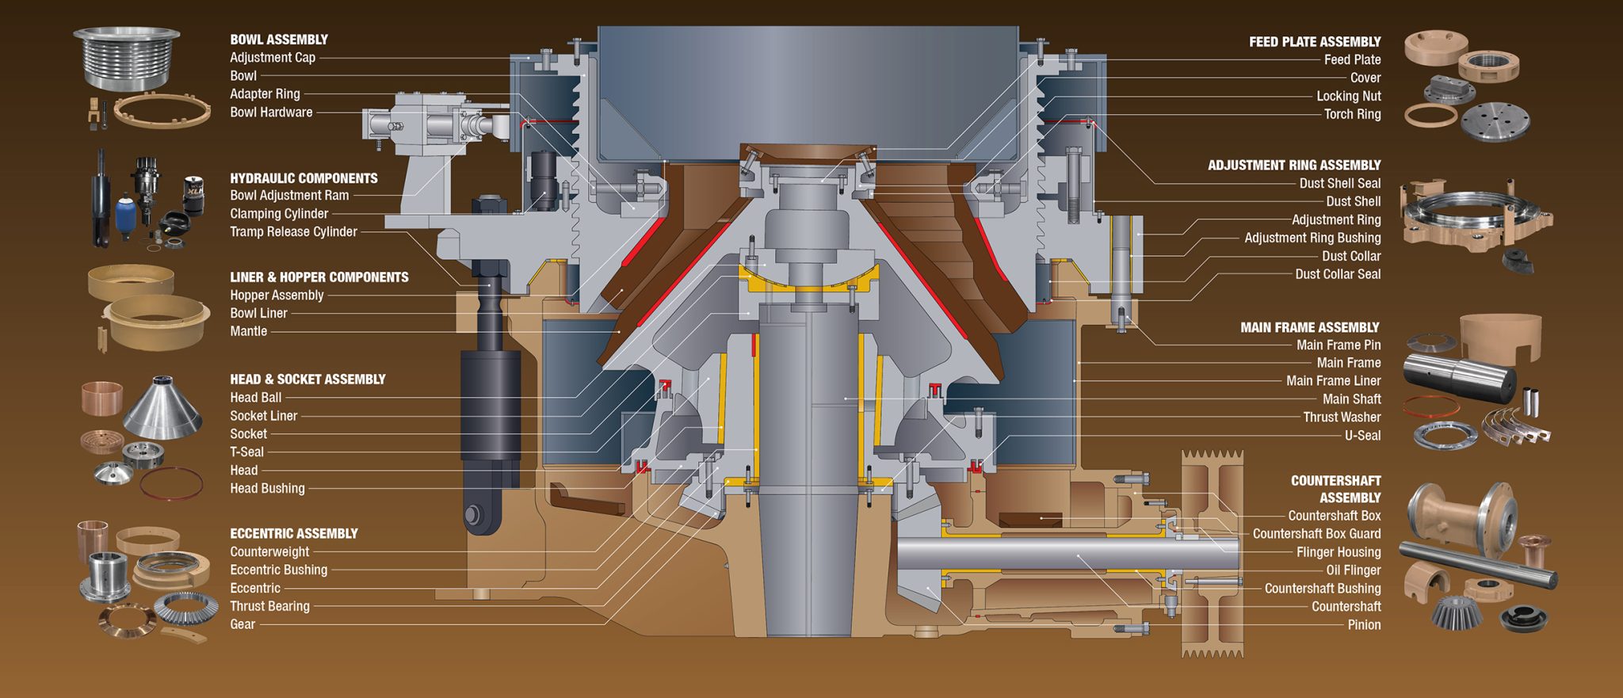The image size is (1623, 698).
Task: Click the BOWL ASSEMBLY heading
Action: (x=279, y=40)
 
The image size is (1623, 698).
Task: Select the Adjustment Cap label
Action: (x=273, y=58)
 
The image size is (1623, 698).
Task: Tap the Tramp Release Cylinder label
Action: (x=293, y=232)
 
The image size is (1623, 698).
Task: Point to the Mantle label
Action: (x=248, y=331)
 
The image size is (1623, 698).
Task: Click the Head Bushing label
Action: (x=267, y=489)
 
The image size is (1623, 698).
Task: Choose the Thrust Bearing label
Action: (x=269, y=606)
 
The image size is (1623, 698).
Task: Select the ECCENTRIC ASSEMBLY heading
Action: (x=294, y=534)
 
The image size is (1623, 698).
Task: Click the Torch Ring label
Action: (x=1352, y=114)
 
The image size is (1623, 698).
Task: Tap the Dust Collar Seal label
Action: (x=1338, y=274)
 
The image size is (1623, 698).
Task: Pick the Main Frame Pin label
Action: (x=1338, y=345)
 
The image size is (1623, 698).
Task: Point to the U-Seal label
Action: (x=1362, y=436)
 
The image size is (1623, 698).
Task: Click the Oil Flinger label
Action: (x=1353, y=570)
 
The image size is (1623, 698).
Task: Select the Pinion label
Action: (x=1364, y=625)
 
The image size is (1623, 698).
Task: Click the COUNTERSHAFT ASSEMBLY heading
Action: (x=1336, y=489)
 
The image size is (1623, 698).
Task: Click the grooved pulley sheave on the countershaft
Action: (x=1212, y=555)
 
